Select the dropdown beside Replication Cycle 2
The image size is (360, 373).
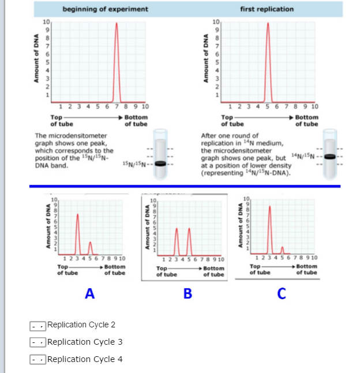click(x=38, y=325)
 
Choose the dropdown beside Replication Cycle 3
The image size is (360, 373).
click(x=38, y=342)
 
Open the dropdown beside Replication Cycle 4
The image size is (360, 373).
click(x=38, y=360)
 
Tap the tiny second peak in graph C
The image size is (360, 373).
click(x=282, y=250)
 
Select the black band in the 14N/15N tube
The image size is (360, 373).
click(x=329, y=156)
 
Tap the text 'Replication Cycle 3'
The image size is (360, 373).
click(x=85, y=342)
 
